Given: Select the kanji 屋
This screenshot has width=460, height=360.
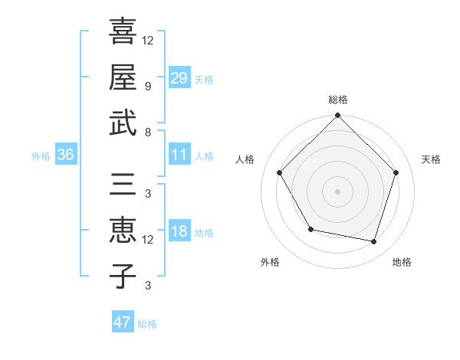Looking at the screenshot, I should pyautogui.click(x=122, y=78).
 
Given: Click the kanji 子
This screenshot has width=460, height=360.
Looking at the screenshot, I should pyautogui.click(x=122, y=276).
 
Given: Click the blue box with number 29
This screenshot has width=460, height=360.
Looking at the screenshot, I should pyautogui.click(x=179, y=77).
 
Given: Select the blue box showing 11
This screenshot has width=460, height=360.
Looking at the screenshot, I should pyautogui.click(x=179, y=155).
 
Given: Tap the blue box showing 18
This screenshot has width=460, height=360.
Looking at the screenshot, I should pyautogui.click(x=179, y=232).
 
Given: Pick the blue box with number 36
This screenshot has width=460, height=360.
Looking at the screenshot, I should pyautogui.click(x=65, y=155).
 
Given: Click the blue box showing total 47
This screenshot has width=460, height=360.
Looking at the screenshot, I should pyautogui.click(x=122, y=322).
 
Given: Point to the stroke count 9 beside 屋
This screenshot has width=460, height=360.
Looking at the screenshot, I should pyautogui.click(x=148, y=86).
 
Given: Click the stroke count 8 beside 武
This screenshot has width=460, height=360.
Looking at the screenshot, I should pyautogui.click(x=148, y=133).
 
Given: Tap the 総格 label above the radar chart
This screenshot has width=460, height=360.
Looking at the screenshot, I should pyautogui.click(x=337, y=100).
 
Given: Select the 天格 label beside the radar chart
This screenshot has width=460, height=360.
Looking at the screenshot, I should pyautogui.click(x=431, y=159).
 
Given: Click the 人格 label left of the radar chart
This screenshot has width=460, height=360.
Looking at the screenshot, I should pyautogui.click(x=245, y=159).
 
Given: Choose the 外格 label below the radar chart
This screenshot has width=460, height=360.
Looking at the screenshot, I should pyautogui.click(x=270, y=263).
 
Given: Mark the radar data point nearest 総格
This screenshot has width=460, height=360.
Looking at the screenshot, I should pyautogui.click(x=337, y=116).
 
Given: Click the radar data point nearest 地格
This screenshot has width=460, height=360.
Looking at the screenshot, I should pyautogui.click(x=374, y=242).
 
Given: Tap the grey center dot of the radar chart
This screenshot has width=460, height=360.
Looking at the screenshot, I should pyautogui.click(x=337, y=191).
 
